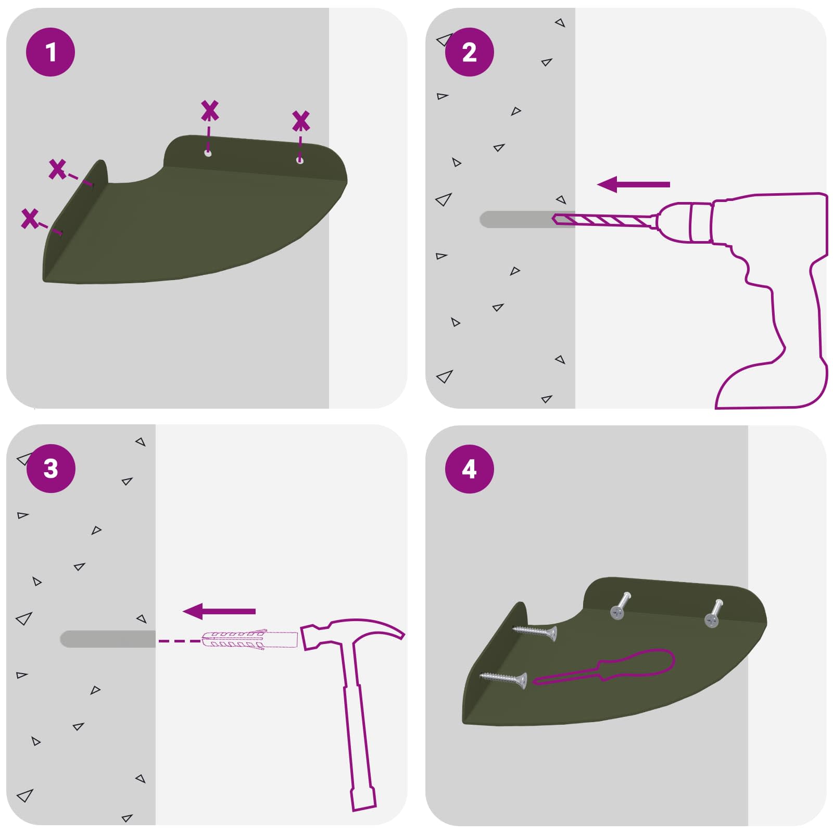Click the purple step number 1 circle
coord(51,52)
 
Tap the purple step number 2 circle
coord(469,52)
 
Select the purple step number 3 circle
coord(51,469)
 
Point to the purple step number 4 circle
coord(469,469)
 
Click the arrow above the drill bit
coord(633,184)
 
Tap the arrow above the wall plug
coord(219,611)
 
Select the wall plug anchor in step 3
coord(249,640)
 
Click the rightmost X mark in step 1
coord(300,121)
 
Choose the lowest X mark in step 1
coord(30,219)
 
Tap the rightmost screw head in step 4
coord(711,620)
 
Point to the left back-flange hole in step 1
coord(208,154)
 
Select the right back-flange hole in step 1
coord(299,160)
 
